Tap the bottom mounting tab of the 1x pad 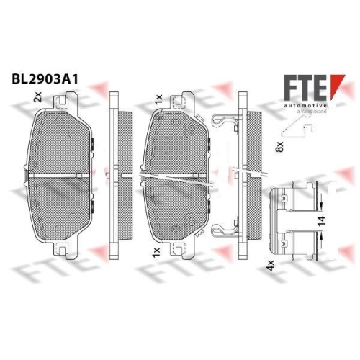pyautogui.click(x=180, y=251)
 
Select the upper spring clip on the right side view pyautogui.click(x=225, y=124)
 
